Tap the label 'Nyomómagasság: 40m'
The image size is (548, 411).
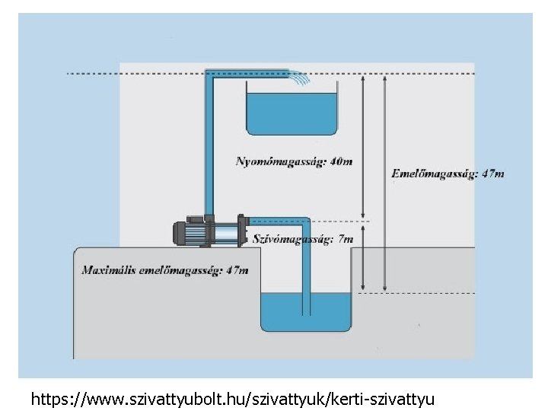pos(294,161)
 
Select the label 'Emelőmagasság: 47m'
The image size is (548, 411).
pos(448,174)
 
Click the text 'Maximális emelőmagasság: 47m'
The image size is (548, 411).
pos(165,269)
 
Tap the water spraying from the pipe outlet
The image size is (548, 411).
pos(300,78)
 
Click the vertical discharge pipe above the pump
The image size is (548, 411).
pos(209,145)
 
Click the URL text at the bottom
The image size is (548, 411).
pos(232,398)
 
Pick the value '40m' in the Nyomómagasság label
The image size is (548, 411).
pos(342,161)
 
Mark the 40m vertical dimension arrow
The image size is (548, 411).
pos(364,145)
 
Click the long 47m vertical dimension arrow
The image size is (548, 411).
pos(386,183)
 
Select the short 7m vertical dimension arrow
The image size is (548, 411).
pos(364,256)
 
